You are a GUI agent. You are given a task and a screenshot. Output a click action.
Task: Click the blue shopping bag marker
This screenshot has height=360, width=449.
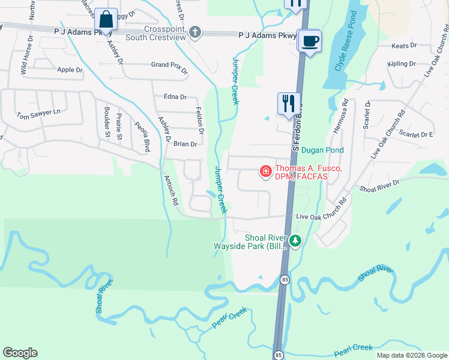(x=106, y=20)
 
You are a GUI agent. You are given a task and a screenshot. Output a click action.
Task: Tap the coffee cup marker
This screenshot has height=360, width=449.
(x=310, y=41)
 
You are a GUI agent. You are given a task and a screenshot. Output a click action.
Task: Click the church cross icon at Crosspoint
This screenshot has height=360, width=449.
(x=194, y=32)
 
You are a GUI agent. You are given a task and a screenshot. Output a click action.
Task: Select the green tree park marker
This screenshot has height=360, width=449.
(x=295, y=241)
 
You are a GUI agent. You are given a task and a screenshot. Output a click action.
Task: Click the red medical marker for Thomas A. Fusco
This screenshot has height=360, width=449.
(x=264, y=172)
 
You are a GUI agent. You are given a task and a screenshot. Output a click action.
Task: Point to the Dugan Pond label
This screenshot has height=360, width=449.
(x=322, y=150)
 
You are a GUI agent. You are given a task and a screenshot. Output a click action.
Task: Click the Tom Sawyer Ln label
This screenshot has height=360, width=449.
(x=39, y=112)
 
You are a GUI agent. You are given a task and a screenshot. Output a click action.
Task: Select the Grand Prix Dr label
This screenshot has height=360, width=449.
(x=169, y=64)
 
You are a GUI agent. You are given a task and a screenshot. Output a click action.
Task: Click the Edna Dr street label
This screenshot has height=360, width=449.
(x=175, y=97)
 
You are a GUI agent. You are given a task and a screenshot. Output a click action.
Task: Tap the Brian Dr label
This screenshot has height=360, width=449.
(x=185, y=144)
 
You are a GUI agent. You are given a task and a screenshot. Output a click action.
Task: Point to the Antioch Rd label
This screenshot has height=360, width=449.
(x=171, y=190)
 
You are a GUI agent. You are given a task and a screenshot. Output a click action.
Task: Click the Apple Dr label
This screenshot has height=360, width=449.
(x=70, y=70)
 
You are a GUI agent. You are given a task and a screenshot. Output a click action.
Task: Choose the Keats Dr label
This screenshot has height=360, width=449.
(x=403, y=46)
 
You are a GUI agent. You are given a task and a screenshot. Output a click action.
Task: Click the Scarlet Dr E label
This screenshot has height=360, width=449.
(x=416, y=135)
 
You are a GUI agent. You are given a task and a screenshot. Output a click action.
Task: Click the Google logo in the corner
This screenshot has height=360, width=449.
(x=20, y=353)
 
